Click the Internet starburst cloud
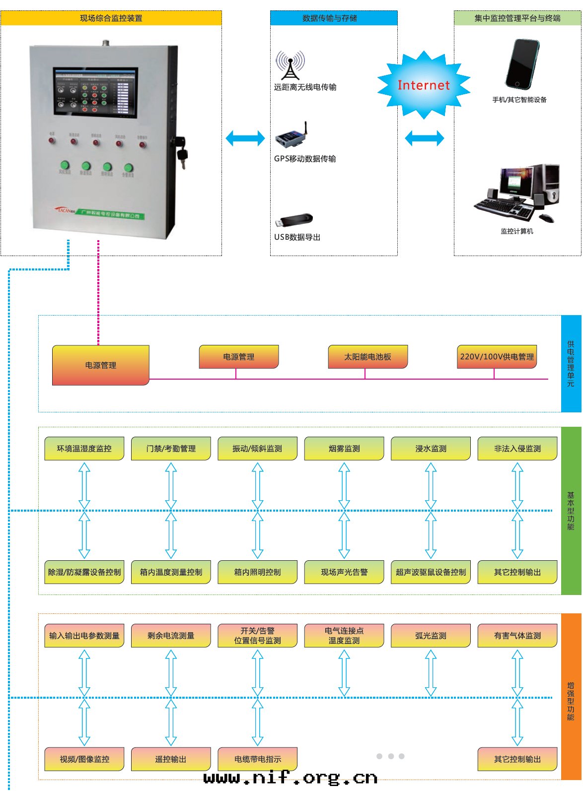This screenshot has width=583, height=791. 424,85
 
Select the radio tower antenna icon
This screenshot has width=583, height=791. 290,66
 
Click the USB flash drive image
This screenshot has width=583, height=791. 295,220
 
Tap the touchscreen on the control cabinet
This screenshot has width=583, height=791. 95,92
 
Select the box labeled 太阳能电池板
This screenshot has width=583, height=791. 367,357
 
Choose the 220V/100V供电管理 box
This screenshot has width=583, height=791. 497,357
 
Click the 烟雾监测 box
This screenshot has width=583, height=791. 344,449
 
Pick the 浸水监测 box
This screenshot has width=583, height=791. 431,449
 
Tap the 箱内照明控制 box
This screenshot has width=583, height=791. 257,572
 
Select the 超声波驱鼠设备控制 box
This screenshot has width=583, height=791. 431,572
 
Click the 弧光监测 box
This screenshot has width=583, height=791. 431,636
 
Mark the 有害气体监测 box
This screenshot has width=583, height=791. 517,636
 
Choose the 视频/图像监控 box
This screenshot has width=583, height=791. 84,759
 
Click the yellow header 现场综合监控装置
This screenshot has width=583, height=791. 111,18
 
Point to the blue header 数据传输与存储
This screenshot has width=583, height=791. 334,18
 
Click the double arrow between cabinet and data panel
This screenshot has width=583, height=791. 245,138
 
